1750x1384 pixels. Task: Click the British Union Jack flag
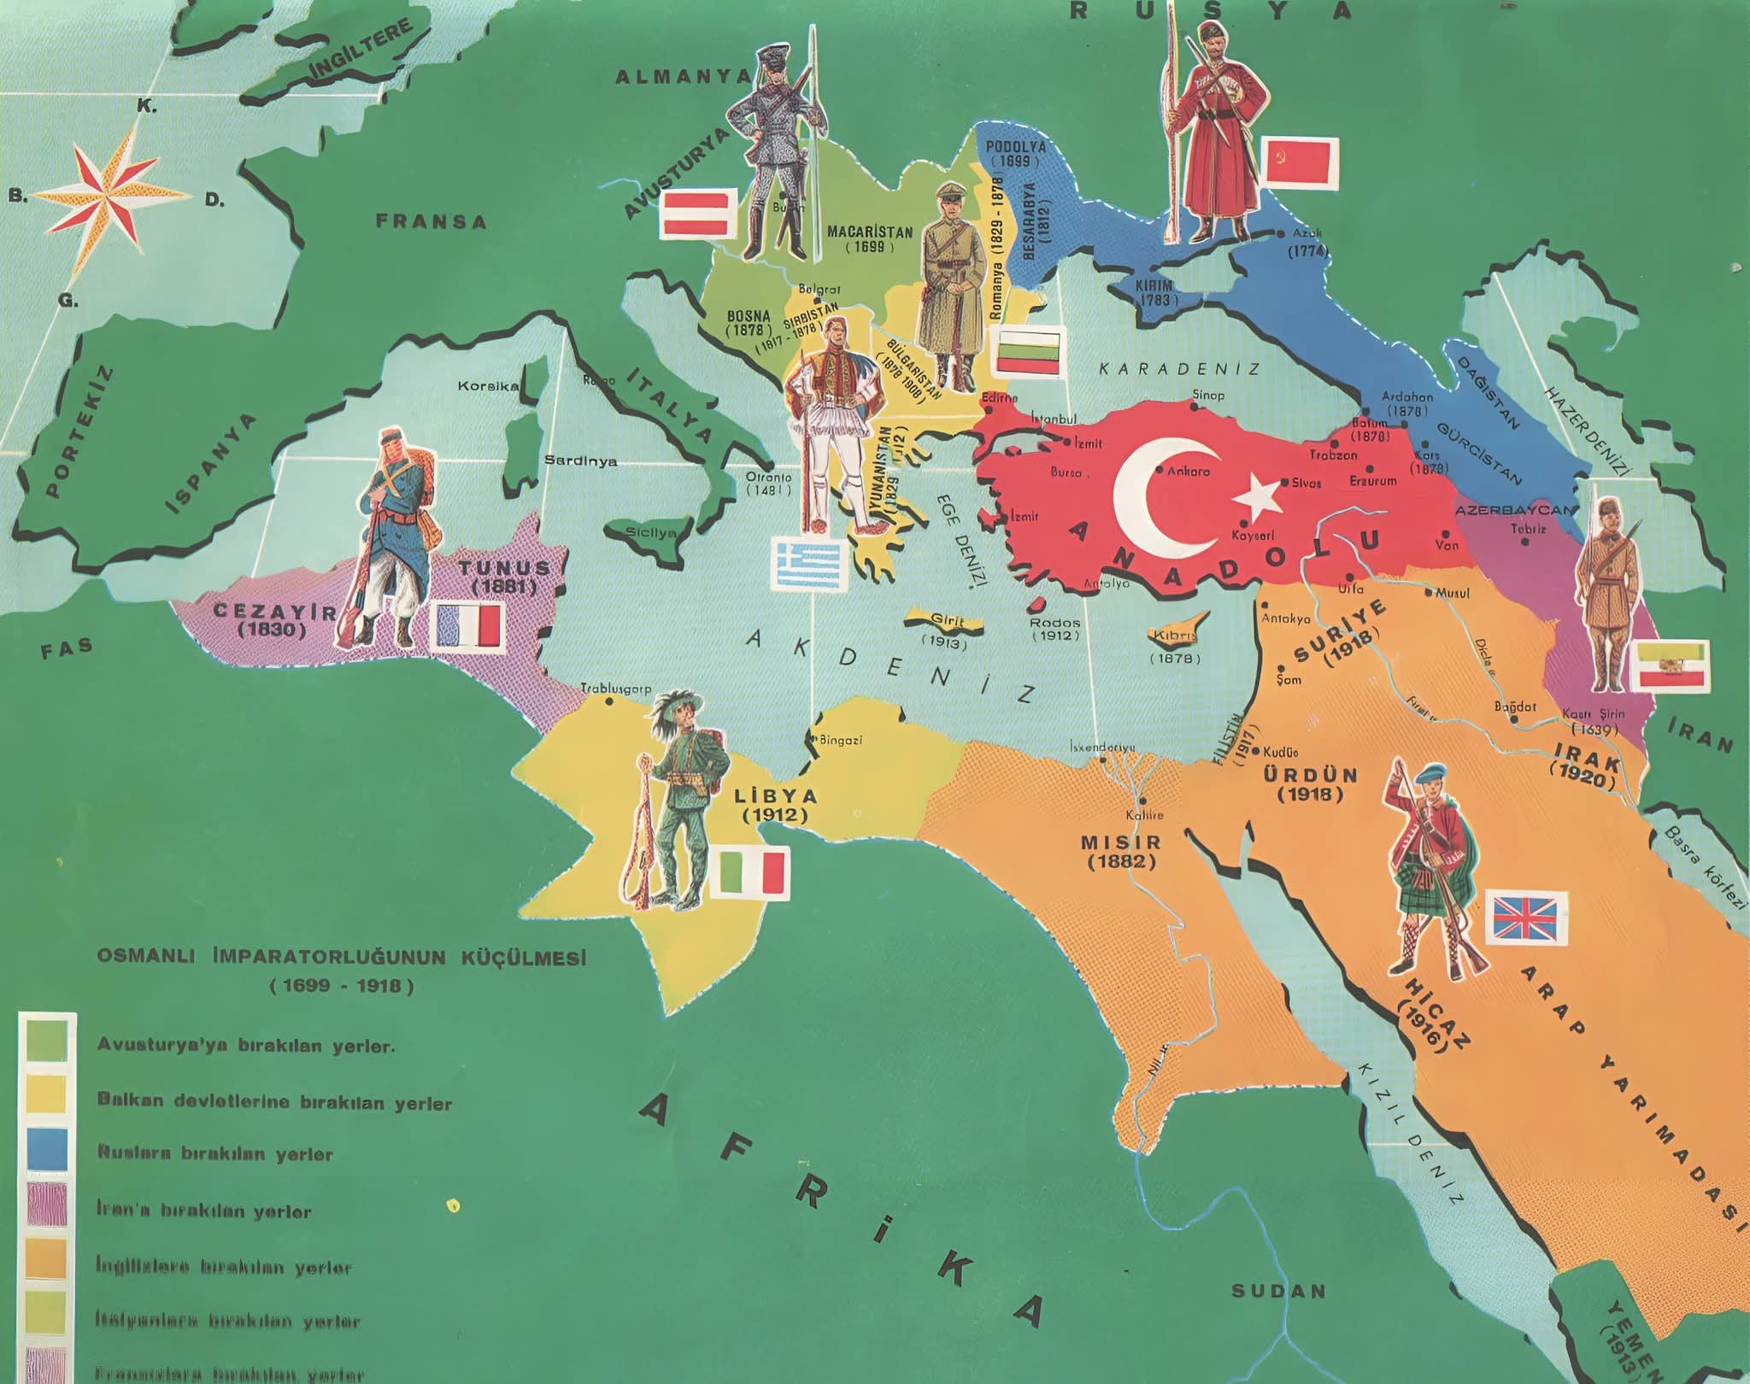1530,918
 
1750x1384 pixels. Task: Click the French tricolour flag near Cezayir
467,625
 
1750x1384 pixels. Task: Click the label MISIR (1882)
1121,851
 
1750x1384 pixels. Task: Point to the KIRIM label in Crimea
1154,291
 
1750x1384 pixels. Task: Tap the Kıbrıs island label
1174,636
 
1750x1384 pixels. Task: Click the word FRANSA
432,221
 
